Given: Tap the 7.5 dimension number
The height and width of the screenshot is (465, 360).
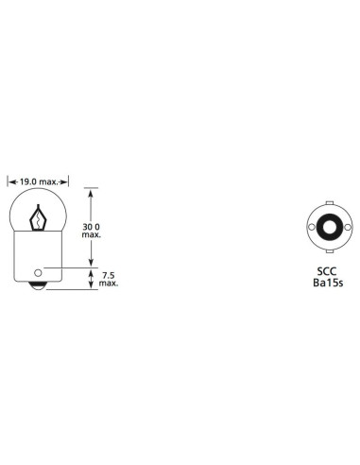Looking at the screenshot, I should pyautogui.click(x=108, y=274).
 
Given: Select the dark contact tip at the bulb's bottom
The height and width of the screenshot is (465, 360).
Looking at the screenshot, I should pyautogui.click(x=37, y=284).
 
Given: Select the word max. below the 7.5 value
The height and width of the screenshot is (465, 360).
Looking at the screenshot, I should pyautogui.click(x=108, y=284).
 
